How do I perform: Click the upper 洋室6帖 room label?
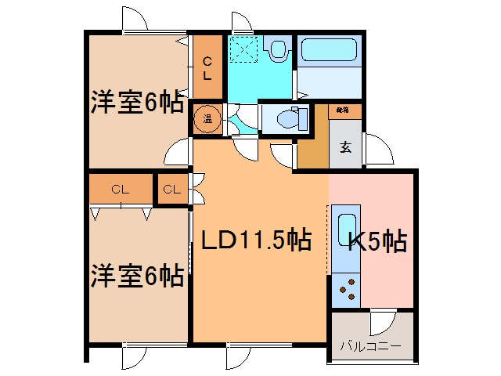point(137,103)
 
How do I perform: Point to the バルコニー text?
point(371,345)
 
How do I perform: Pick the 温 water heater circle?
point(208,120)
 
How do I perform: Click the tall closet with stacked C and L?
point(207,69)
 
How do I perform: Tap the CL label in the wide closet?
point(119,189)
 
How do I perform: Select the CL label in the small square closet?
point(172,189)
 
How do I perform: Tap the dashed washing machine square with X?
point(244,51)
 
